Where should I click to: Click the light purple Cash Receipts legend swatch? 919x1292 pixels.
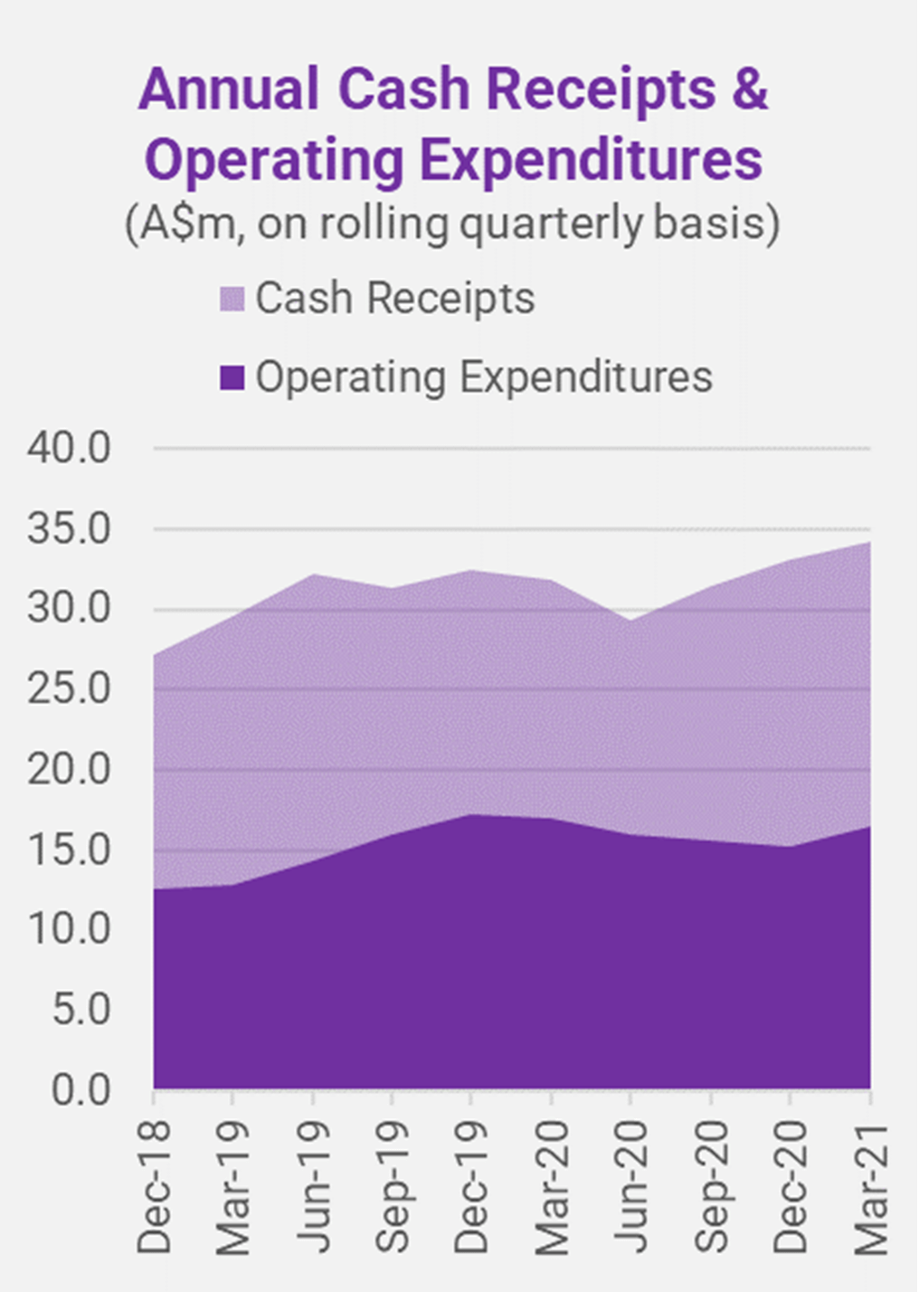tap(232, 299)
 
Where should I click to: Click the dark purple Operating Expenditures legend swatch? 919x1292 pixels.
tap(232, 377)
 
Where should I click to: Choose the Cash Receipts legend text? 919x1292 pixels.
tap(394, 299)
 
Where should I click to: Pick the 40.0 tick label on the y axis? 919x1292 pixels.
tap(69, 448)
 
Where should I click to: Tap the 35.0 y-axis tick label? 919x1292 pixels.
tap(69, 528)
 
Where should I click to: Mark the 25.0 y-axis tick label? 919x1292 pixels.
tap(69, 689)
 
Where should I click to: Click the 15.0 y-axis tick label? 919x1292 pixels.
tap(69, 850)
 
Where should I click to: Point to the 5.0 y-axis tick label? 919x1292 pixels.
tap(81, 1010)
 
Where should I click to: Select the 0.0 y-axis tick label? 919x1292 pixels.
tap(81, 1089)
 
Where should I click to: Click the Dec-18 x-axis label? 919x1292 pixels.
tap(155, 1186)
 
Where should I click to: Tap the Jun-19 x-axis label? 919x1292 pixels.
tap(314, 1186)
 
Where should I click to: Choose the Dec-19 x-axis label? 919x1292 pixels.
tap(471, 1186)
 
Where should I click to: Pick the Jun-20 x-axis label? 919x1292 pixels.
tap(630, 1186)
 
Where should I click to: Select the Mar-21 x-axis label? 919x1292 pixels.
tap(870, 1186)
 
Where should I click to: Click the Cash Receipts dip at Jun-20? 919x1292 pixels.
tap(630, 621)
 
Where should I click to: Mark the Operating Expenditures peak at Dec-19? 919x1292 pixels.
tap(471, 815)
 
